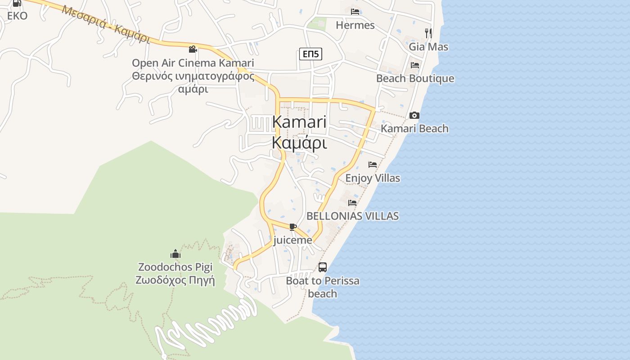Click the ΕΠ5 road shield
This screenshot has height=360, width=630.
tap(310, 54)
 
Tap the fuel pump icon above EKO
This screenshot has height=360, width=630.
tap(17, 3)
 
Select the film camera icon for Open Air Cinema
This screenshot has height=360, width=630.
tap(193, 49)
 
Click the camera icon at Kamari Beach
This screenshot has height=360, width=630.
tap(414, 116)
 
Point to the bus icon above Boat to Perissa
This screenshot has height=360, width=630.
tap(323, 267)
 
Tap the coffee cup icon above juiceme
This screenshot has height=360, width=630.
tap(293, 227)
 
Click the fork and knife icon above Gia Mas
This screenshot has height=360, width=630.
tap(428, 33)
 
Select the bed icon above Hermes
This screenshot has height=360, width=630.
tap(355, 12)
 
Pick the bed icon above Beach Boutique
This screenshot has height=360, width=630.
tap(415, 65)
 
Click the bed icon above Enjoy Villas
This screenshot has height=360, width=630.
tap(372, 165)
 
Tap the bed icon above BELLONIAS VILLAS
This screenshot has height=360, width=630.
tap(352, 203)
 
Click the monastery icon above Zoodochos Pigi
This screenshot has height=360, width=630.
tap(175, 254)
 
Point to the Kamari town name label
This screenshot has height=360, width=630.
tap(299, 122)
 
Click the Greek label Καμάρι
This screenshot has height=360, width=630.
tap(299, 143)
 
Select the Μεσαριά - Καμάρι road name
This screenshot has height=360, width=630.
tap(106, 24)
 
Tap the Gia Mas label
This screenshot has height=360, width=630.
tap(428, 47)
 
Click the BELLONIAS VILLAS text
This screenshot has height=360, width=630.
tap(352, 216)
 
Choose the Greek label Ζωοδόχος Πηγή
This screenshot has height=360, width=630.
tap(175, 280)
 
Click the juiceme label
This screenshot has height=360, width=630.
tap(292, 240)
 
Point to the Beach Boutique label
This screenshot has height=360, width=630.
tap(415, 79)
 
